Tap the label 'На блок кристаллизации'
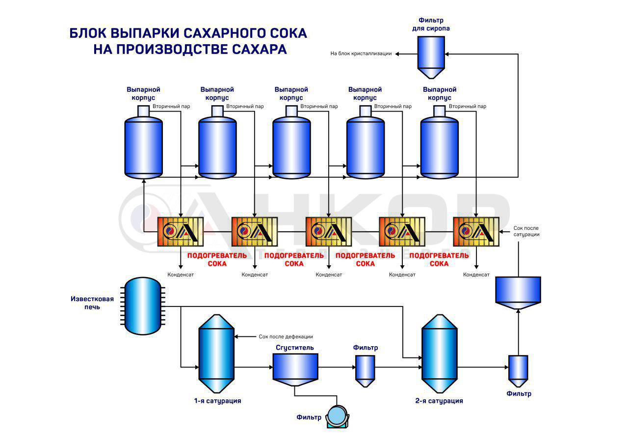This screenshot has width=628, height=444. click(361, 54)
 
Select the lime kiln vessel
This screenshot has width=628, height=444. click(143, 305)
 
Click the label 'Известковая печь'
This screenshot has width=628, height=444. click(92, 303)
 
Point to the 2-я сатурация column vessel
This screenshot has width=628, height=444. click(440, 354)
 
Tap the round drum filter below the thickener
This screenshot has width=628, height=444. click(337, 416)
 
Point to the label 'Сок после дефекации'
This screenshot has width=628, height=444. click(286, 336)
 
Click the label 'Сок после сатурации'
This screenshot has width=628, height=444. click(526, 231)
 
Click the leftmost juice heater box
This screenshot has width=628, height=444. click(180, 231)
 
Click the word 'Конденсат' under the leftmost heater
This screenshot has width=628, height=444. click(181, 275)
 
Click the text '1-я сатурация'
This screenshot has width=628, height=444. click(217, 401)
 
